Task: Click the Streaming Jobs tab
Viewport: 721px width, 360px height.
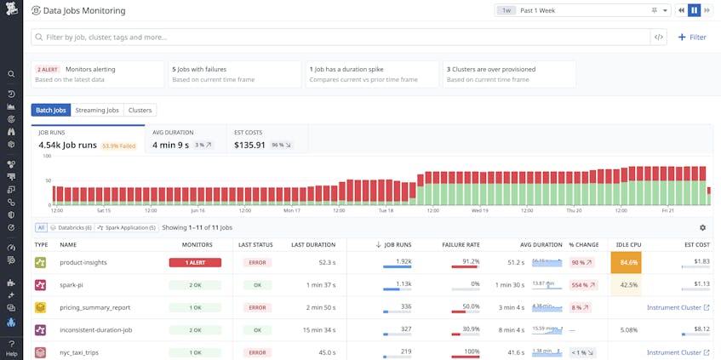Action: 97,110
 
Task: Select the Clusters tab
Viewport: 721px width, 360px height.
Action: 140,110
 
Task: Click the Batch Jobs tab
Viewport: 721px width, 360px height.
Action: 50,110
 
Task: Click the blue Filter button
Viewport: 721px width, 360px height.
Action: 691,37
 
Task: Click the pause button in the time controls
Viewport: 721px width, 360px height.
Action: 694,10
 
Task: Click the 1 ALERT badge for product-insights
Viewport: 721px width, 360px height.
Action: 195,262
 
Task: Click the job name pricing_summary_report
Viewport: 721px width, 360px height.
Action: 94,307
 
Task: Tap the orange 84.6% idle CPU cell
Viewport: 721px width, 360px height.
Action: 626,262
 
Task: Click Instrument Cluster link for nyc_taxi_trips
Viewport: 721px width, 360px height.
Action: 678,352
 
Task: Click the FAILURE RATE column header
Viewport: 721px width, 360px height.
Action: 461,244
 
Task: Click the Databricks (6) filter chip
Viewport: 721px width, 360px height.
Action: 72,227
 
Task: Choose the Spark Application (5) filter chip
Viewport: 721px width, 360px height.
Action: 127,227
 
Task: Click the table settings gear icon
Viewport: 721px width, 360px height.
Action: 702,227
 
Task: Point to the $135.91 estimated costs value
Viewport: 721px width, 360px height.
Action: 249,145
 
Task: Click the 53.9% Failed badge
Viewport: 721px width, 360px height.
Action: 117,146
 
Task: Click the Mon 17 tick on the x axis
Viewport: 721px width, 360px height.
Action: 291,210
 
